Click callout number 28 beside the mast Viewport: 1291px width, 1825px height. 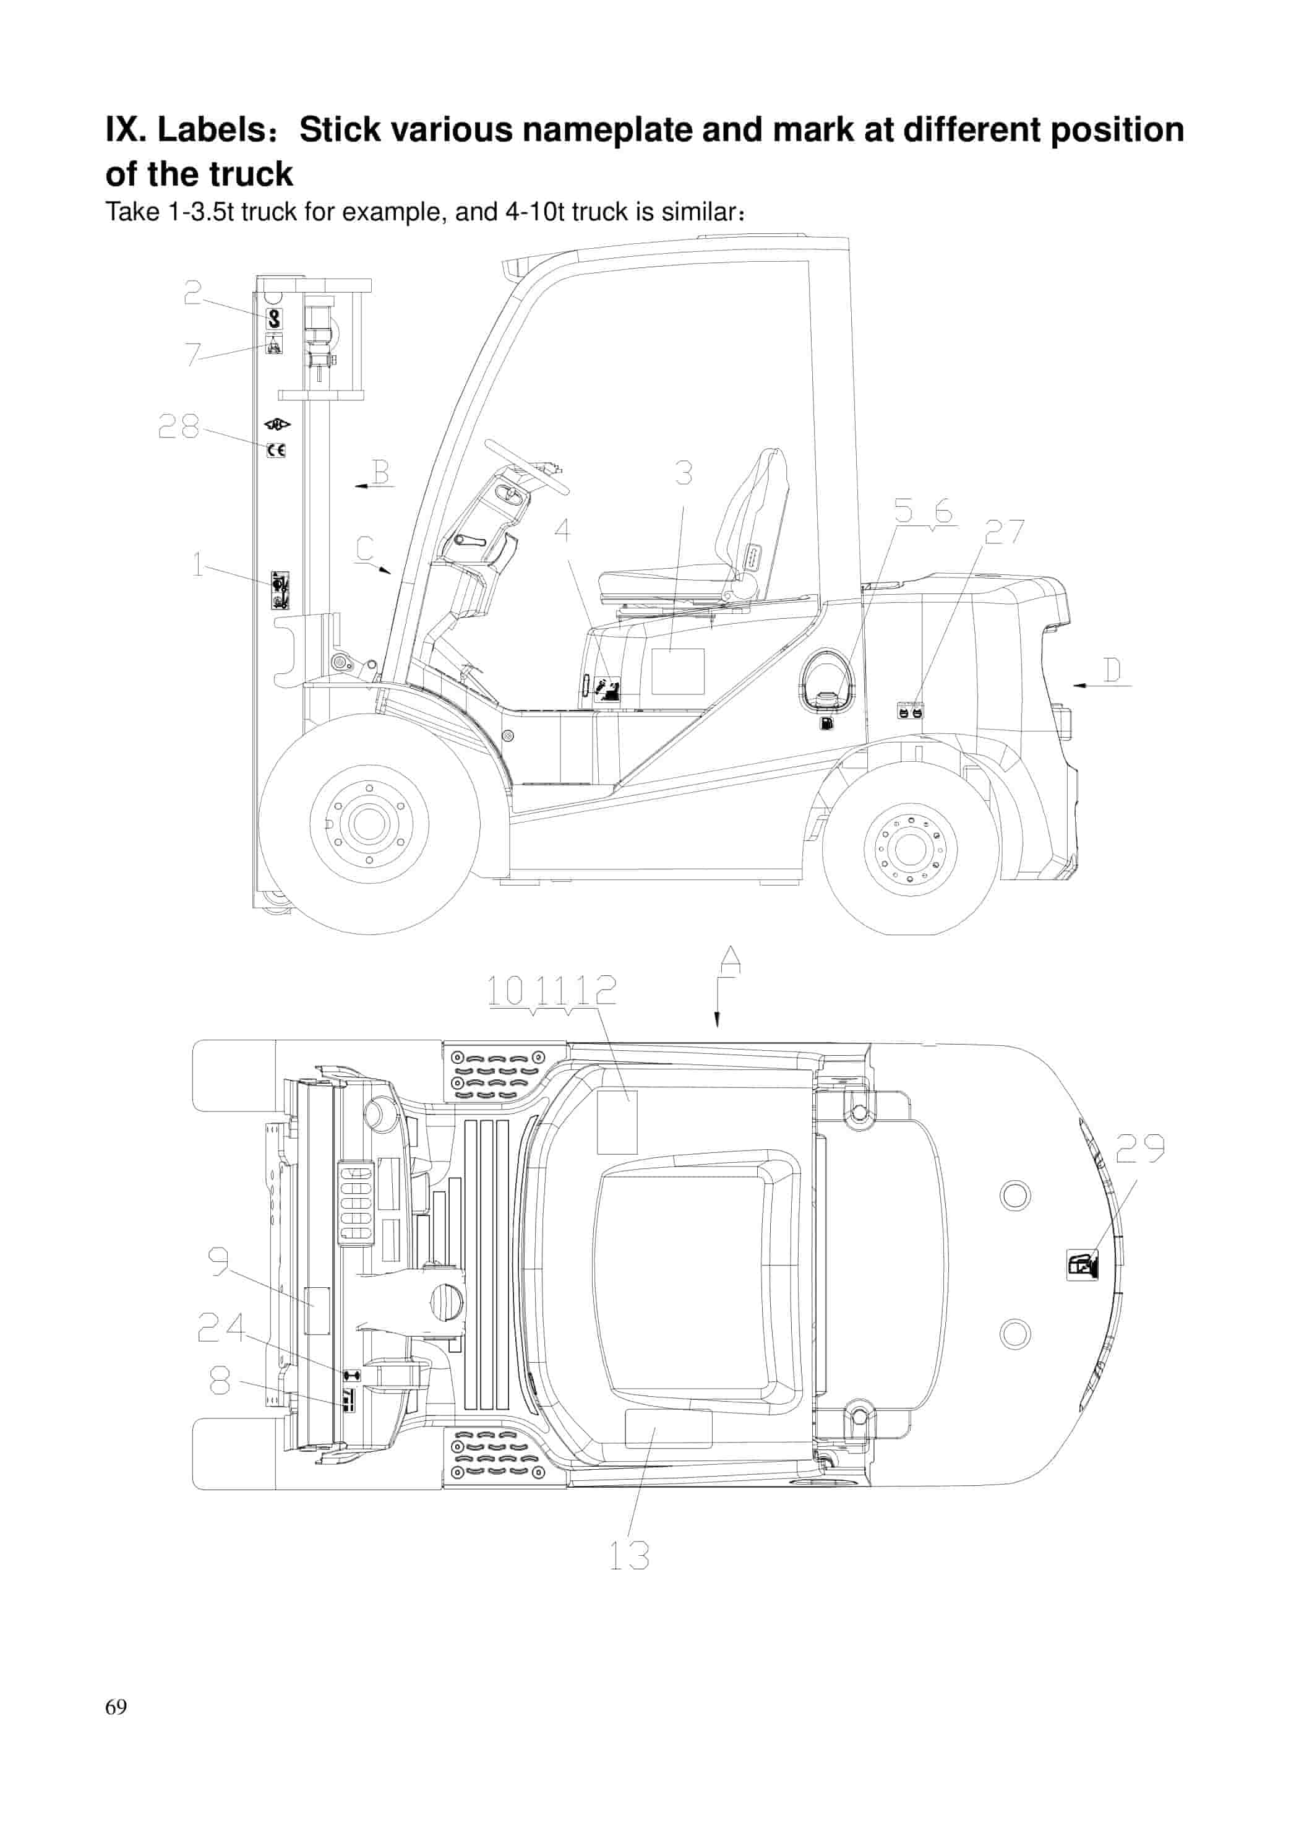(x=178, y=427)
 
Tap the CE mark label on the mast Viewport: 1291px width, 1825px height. (x=276, y=450)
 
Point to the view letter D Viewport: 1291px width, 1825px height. (x=1113, y=670)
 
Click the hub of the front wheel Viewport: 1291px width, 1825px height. (x=369, y=824)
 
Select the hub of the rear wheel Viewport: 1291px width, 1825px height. (x=910, y=849)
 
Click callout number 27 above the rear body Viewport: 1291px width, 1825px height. (x=1004, y=532)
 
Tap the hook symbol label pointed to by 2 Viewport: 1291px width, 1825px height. (x=273, y=319)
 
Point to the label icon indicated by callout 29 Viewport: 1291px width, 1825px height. (x=1082, y=1264)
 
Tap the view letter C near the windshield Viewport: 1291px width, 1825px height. (x=365, y=549)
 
